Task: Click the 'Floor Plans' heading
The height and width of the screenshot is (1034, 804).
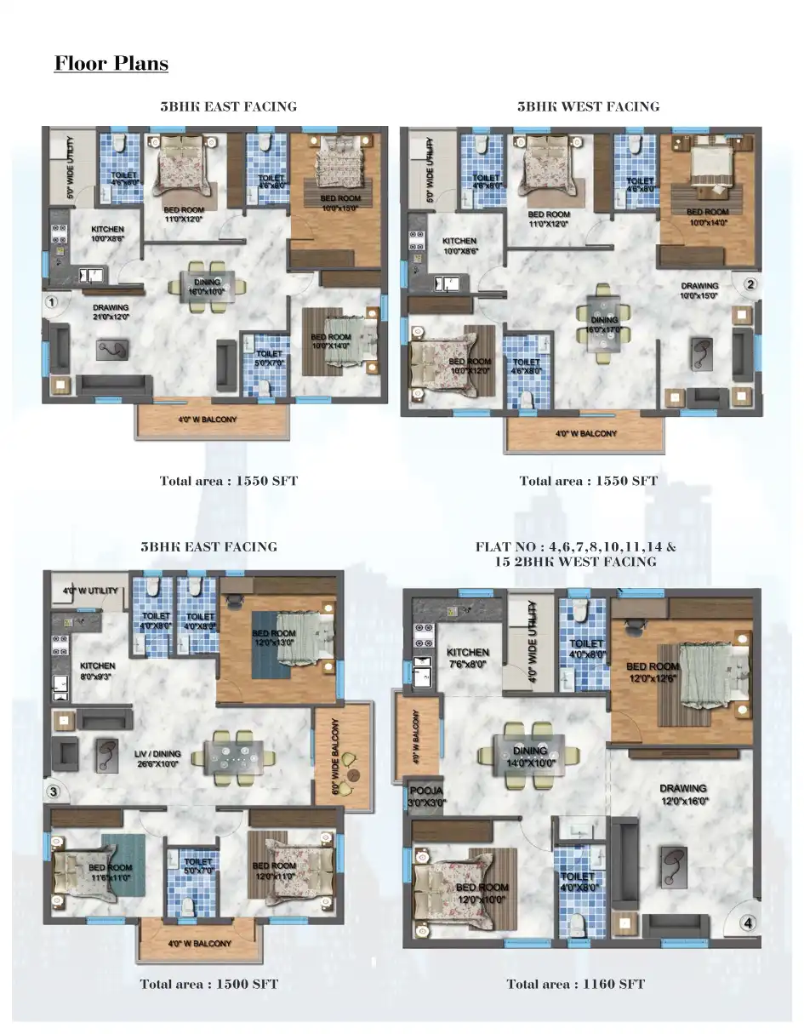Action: (111, 64)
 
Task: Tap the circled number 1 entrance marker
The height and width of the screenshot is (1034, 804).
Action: (52, 301)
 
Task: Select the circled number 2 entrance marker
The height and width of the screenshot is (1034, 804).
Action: (750, 284)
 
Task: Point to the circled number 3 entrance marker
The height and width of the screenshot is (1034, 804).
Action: (54, 791)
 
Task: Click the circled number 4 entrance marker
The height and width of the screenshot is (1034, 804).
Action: (747, 922)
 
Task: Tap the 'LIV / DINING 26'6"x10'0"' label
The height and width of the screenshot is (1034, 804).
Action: (157, 758)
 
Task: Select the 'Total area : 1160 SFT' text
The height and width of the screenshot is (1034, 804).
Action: (575, 984)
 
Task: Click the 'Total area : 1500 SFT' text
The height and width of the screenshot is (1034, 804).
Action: (209, 984)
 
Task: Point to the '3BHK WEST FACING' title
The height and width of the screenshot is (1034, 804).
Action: (588, 106)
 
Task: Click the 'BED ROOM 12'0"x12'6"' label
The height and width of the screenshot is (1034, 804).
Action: (653, 672)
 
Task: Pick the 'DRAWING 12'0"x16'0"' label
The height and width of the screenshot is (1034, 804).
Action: (683, 794)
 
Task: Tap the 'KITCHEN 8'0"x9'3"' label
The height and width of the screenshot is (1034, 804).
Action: (97, 671)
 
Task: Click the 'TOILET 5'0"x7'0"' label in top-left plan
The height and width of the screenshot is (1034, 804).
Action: (269, 358)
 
